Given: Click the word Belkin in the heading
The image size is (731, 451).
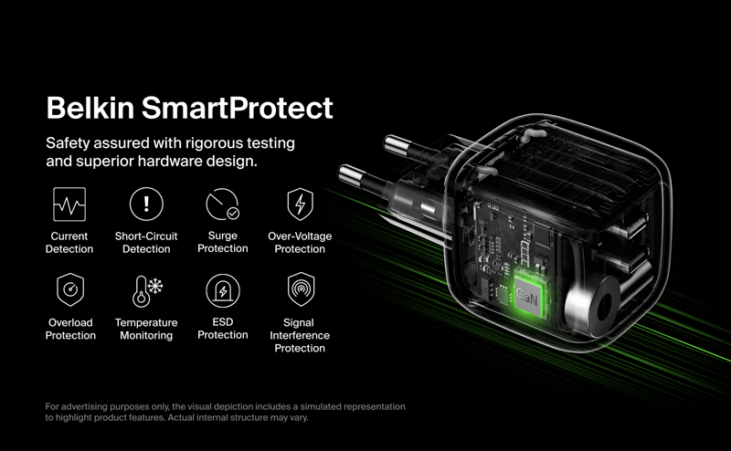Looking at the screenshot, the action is pos(90,108).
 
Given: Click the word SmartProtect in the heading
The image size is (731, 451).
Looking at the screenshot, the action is pos(238,108).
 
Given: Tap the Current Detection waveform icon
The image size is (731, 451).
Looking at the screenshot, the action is pos(69,205).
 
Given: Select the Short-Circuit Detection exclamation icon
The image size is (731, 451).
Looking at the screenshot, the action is pos(146,204).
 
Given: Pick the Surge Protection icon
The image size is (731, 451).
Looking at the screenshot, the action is pos(222,205).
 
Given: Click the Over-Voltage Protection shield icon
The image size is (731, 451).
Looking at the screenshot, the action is pos(301,205).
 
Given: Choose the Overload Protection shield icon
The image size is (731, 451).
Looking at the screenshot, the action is pos(70,289).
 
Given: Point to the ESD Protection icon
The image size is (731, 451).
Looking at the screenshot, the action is pos(223,290).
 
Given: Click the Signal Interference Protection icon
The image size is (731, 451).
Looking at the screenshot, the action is pos(302,289).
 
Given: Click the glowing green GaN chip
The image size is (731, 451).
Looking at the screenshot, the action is pos(528,296).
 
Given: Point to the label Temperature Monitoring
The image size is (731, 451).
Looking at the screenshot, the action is pos(146,329).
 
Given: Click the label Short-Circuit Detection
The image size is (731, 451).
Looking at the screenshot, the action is pos(146,242).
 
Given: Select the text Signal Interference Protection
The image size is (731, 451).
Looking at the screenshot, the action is pos(300,335).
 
